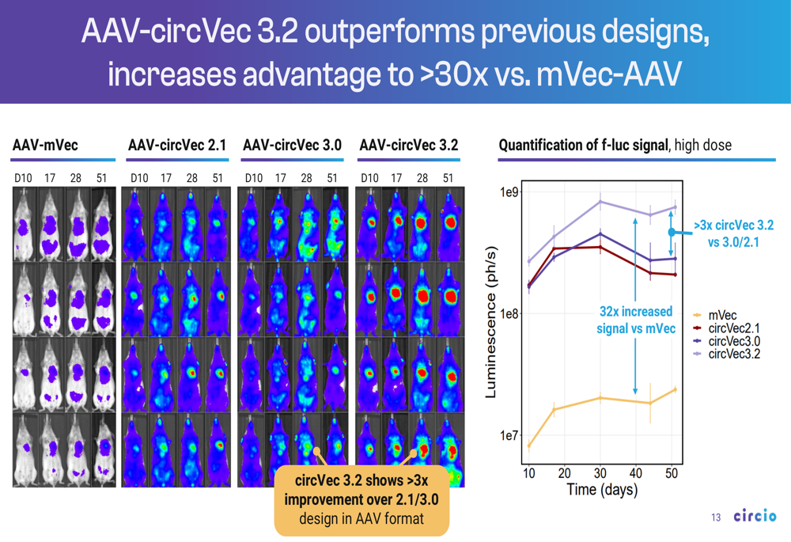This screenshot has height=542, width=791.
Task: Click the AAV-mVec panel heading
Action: tap(45, 146)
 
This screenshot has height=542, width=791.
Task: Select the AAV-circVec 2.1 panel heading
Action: tap(177, 146)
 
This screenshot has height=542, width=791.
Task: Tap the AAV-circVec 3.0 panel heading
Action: tap(292, 146)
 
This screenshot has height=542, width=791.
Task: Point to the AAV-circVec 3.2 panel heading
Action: tap(408, 146)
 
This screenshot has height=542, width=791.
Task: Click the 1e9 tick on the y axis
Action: tap(507, 193)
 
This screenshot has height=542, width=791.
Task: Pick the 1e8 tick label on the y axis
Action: tap(507, 314)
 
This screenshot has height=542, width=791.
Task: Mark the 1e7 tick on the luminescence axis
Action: tap(507, 436)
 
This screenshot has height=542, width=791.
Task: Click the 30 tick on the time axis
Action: tap(600, 473)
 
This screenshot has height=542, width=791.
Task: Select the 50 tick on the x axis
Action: tap(672, 473)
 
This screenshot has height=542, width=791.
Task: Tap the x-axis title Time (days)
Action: tap(602, 491)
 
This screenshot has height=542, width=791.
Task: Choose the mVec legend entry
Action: tap(722, 316)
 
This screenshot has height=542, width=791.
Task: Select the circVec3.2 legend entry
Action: tap(733, 354)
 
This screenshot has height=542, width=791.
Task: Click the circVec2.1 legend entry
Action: tap(733, 328)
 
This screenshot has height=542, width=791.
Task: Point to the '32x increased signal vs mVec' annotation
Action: tap(634, 320)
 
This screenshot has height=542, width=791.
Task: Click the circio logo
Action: tap(755, 517)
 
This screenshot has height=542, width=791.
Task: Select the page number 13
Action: tap(716, 518)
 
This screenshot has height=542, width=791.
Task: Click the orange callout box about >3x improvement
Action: tap(361, 500)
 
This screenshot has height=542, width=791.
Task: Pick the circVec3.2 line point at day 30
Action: tap(600, 202)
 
